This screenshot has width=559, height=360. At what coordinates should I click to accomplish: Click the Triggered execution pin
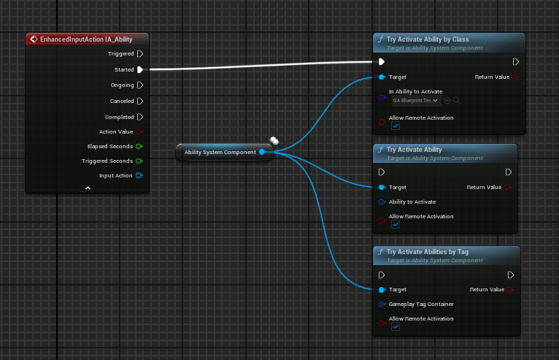(x=140, y=53)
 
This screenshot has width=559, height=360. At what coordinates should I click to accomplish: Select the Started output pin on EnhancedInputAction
(x=140, y=69)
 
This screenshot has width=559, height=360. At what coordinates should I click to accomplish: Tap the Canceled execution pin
(x=140, y=101)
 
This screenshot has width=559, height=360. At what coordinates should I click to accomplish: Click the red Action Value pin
(x=139, y=131)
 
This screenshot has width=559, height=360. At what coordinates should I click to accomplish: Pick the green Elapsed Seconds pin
(x=139, y=146)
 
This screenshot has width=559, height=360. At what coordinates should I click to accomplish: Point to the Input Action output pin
(x=139, y=175)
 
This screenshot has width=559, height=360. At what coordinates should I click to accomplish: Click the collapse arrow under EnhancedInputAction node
(x=88, y=188)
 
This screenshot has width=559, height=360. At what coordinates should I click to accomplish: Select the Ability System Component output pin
(x=262, y=152)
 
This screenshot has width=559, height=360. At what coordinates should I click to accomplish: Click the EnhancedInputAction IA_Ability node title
(x=86, y=39)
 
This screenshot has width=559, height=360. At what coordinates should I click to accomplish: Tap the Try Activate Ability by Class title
(x=428, y=39)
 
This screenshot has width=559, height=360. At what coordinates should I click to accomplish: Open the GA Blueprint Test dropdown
(x=416, y=101)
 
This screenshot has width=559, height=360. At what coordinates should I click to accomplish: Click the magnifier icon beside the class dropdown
(x=456, y=101)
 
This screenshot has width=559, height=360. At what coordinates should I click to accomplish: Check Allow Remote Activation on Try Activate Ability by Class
(x=396, y=126)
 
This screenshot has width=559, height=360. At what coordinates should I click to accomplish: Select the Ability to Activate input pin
(x=382, y=202)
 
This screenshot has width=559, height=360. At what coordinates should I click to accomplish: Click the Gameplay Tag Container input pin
(x=382, y=305)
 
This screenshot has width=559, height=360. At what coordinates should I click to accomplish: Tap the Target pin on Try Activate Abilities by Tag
(x=382, y=290)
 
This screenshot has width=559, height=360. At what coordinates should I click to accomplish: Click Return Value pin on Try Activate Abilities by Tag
(x=510, y=290)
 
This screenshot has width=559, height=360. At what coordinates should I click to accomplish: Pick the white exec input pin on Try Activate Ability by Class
(x=382, y=62)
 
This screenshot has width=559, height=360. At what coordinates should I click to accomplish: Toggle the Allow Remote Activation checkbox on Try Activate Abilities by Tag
(x=396, y=327)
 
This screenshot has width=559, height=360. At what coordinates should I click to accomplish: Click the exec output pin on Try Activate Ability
(x=509, y=172)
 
